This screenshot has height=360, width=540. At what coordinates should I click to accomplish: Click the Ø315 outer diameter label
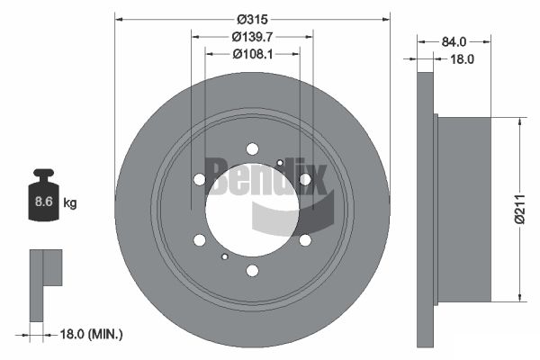coord(252,19)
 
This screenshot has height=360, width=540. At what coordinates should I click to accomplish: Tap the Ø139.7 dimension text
coord(252,37)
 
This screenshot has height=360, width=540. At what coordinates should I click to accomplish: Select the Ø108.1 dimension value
coord(252,54)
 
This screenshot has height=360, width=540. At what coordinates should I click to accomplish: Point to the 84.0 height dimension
coord(454,41)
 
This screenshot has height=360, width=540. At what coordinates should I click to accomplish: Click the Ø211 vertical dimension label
coord(520,209)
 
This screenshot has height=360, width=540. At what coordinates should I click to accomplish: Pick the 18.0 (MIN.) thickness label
coord(91,334)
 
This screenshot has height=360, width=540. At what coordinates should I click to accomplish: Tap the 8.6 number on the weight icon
coord(44,202)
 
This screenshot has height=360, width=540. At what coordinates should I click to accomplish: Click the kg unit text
coord(70,202)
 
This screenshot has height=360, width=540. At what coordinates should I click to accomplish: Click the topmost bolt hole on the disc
coord(252,149)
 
